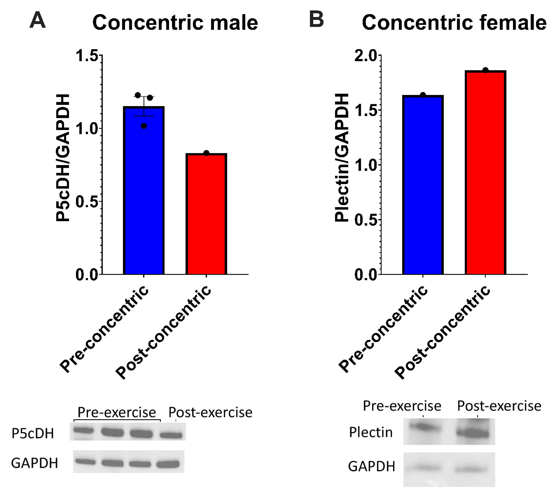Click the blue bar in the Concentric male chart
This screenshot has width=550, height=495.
pos(144,190)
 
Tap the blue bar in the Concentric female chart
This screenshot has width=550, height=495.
pos(423,185)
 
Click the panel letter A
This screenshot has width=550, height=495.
pos(38,21)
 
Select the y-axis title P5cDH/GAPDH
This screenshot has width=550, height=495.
pos(63,158)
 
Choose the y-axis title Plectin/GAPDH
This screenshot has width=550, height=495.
pos(342,158)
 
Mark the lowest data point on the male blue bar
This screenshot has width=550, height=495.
pos(144,126)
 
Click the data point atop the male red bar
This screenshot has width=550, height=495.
pos(206,153)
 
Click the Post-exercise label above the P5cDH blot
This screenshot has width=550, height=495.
pos(210,413)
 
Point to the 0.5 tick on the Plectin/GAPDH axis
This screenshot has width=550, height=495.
pos(366,220)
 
